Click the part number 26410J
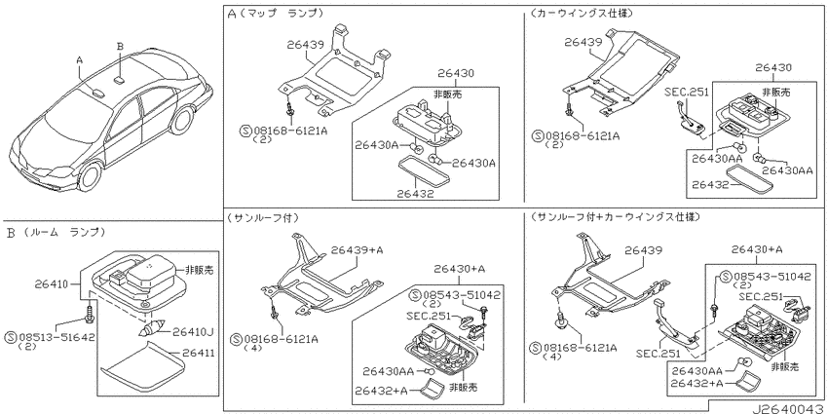click(193, 332)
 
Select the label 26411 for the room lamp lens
click(199, 353)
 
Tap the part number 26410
click(52, 285)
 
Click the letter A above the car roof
click(80, 60)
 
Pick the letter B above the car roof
click(120, 47)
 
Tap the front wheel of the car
click(91, 176)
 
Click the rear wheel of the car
click(182, 122)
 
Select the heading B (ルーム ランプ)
click(56, 233)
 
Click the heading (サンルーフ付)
click(263, 217)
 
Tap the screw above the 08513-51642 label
click(90, 312)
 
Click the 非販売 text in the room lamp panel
click(199, 269)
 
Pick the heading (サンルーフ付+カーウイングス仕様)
click(616, 217)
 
